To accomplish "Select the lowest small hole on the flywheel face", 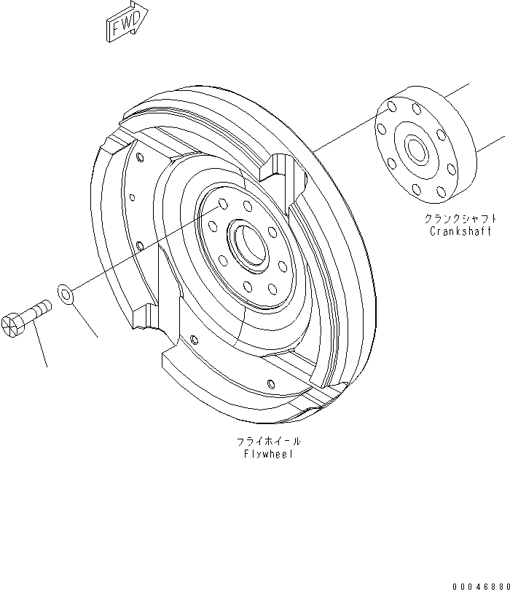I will tap(270, 383).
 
